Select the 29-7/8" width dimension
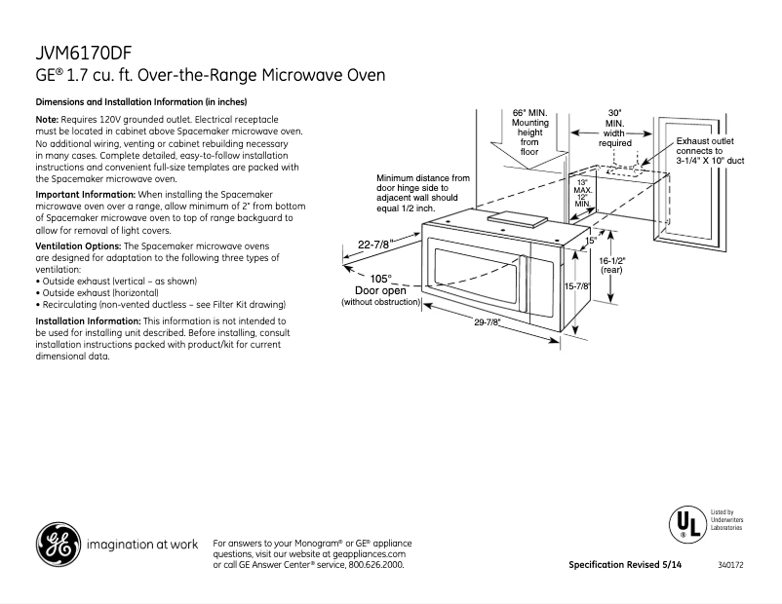click(492, 322)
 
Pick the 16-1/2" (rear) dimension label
click(611, 266)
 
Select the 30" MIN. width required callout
click(614, 128)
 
